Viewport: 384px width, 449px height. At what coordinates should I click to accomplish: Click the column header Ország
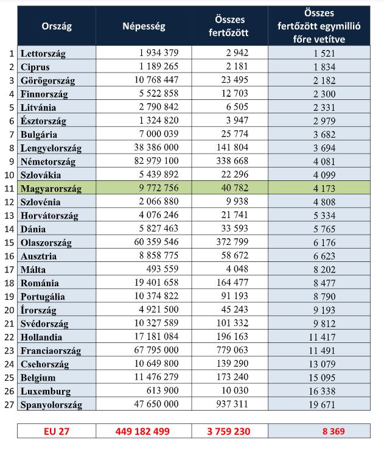point(56,27)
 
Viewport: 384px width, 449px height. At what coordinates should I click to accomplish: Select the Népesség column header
point(144,27)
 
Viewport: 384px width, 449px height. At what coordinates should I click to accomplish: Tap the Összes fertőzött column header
point(229,27)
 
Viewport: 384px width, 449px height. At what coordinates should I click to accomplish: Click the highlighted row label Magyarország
point(51,189)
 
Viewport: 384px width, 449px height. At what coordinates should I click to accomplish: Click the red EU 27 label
point(56,431)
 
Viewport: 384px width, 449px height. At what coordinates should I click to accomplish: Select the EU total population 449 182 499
point(143,431)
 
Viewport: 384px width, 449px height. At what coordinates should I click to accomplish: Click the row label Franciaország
point(52,350)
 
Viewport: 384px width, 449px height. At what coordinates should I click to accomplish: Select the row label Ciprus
point(35,67)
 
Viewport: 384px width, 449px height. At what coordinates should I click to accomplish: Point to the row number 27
point(9,404)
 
